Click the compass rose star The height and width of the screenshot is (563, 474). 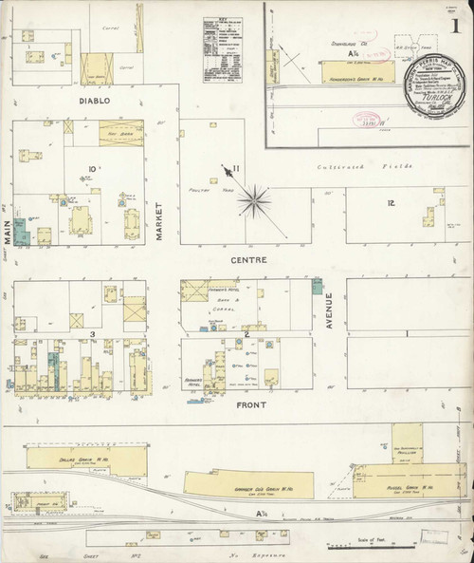point(254,198)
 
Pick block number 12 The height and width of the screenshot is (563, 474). point(391,203)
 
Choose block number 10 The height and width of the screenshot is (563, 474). point(92,170)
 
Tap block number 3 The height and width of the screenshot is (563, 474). point(92,334)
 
